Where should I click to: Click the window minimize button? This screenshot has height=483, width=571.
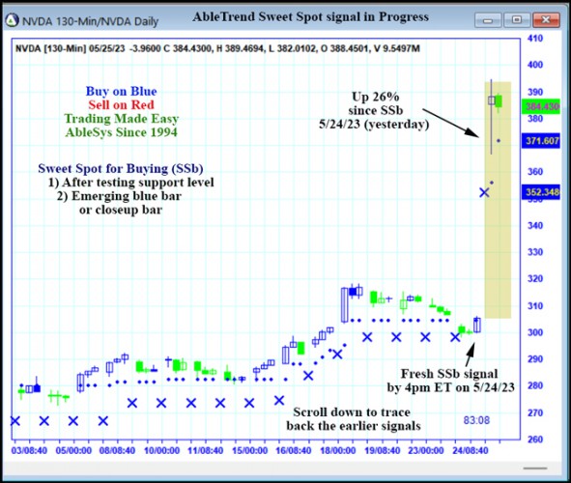pyautogui.click(x=493, y=18)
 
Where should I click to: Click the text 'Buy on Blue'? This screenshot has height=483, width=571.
pyautogui.click(x=121, y=91)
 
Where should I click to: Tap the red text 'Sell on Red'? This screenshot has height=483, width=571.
pyautogui.click(x=121, y=104)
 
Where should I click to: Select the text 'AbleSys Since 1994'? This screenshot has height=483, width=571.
pyautogui.click(x=122, y=131)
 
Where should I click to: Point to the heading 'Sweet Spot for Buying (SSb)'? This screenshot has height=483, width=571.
pyautogui.click(x=121, y=167)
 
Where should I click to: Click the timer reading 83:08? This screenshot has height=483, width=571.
pyautogui.click(x=476, y=420)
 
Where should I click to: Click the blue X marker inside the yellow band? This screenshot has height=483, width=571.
pyautogui.click(x=485, y=192)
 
